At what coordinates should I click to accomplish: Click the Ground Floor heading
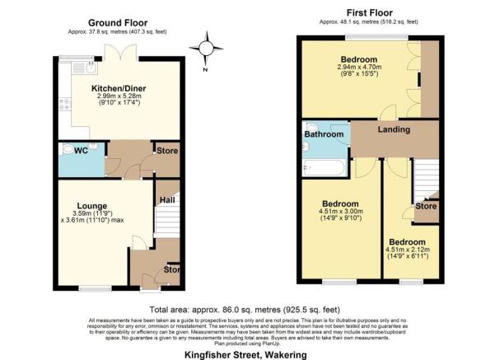[x=124, y=24]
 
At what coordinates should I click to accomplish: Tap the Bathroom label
[x=323, y=134]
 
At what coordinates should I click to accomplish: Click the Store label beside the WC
[x=167, y=151]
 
